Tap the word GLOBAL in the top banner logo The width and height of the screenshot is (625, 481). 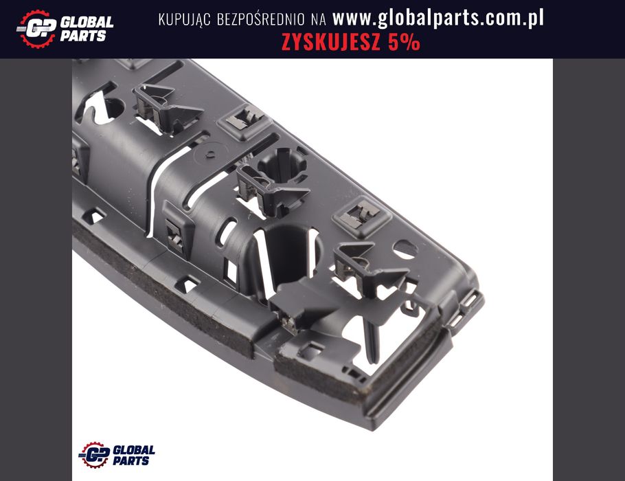tap(87, 22)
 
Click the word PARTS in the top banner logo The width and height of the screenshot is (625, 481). tap(83, 36)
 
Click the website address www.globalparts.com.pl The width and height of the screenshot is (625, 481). tap(438, 19)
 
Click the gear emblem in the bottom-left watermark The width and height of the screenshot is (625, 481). tap(95, 455)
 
